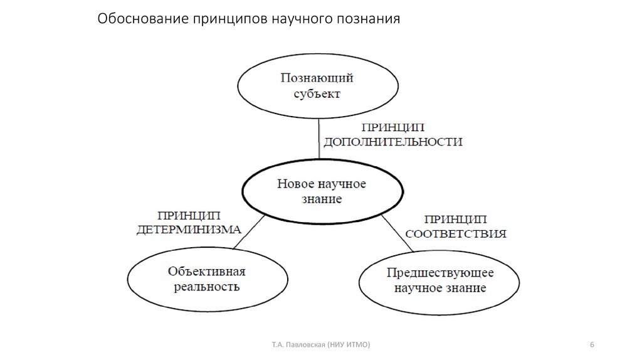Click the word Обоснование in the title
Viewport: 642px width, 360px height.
pos(134,19)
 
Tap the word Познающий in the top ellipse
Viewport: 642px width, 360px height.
pos(317,78)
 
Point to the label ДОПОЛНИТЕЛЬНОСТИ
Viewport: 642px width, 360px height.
pos(392,142)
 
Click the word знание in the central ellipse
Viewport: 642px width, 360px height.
pos(322,199)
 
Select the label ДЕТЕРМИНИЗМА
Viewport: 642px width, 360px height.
pos(189,230)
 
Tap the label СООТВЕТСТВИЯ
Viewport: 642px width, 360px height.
pos(456,234)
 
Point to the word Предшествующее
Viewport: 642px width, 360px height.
pos(440,273)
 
